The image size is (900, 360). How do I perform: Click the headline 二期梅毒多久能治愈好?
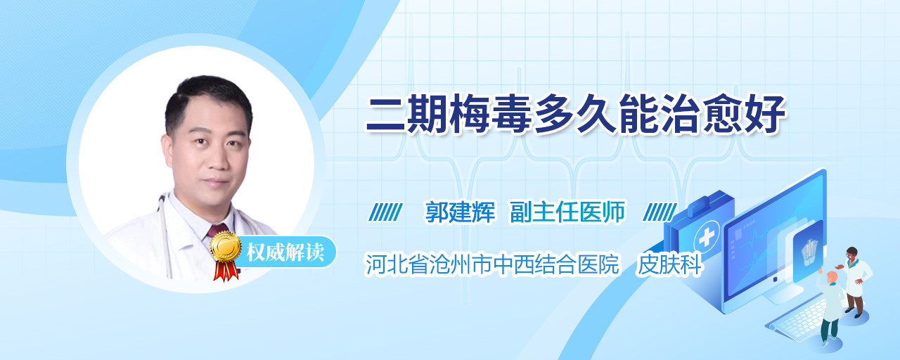point(575,114)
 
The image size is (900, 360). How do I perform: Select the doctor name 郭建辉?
point(460,212)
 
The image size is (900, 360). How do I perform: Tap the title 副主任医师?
point(567,212)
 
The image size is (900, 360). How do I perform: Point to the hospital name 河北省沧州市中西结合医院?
point(491,264)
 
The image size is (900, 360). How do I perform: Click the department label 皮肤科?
point(669,264)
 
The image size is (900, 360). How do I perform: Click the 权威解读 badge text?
point(285,252)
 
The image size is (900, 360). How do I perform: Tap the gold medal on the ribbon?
point(226,247)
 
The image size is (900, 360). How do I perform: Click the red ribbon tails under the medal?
point(226,271)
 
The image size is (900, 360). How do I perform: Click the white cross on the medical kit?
point(706,238)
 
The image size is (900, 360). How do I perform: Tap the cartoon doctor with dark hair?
point(855,281)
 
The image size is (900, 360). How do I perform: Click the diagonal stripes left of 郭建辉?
point(385,212)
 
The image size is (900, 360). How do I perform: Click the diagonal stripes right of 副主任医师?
point(660,212)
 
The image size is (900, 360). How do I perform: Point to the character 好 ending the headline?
point(765,114)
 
